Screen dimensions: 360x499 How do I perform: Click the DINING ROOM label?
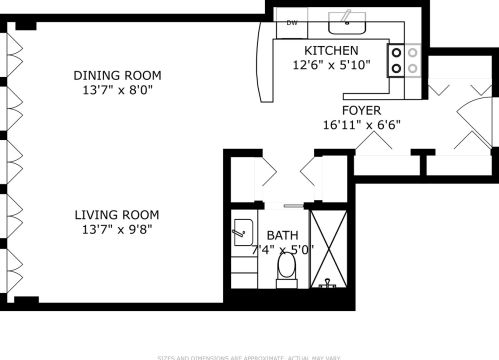pyautogui.click(x=117, y=75)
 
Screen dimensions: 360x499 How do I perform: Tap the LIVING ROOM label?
pyautogui.click(x=117, y=214)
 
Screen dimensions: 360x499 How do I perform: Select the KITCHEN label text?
pyautogui.click(x=331, y=51)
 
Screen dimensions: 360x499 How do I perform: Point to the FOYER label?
pyautogui.click(x=361, y=111)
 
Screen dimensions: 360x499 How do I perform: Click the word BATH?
pyautogui.click(x=282, y=236)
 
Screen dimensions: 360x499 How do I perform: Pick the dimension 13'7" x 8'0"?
pyautogui.click(x=117, y=89)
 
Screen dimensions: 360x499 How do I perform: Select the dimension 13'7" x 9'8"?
pyautogui.click(x=117, y=228)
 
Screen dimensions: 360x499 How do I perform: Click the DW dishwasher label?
pyautogui.click(x=293, y=22)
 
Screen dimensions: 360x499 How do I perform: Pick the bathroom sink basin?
pyautogui.click(x=242, y=229)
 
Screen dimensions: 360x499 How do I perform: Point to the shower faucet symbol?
pyautogui.click(x=327, y=283)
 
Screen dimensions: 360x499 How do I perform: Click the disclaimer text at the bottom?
pyautogui.click(x=249, y=356)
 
